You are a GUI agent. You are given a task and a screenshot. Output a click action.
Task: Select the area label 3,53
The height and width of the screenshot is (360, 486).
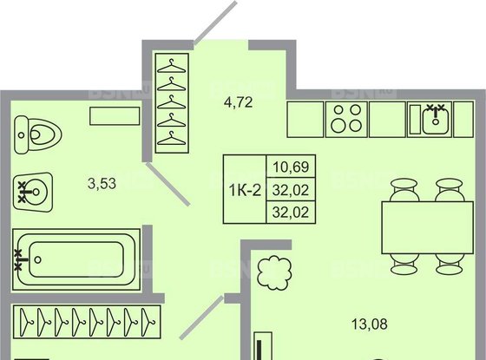[102, 183]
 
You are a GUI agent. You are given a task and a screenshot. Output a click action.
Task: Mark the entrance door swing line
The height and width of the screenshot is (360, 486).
[213, 23]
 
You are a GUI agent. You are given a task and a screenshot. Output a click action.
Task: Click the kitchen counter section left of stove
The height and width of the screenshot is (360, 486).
[304, 119]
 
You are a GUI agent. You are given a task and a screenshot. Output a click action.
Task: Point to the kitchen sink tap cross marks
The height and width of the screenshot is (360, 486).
[435, 107]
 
